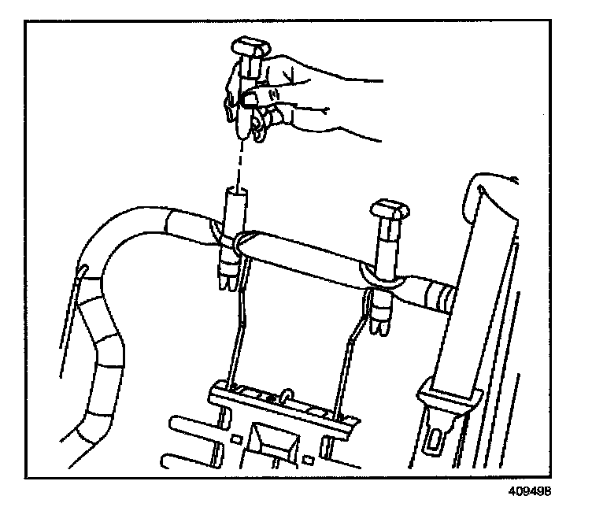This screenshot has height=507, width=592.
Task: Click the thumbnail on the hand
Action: [250, 98]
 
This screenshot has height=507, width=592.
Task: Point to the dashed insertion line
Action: [238, 161]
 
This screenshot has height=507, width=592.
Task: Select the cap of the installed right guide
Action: [391, 209]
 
